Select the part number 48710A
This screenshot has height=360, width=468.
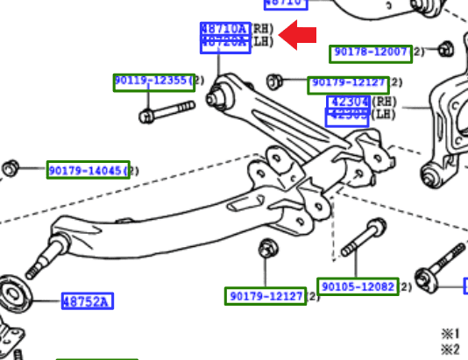pos(225,29)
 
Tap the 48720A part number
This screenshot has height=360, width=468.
pos(225,42)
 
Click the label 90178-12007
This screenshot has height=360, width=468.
pos(371,53)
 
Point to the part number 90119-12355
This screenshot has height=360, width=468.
pos(151,81)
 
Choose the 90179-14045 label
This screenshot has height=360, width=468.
pos(88,169)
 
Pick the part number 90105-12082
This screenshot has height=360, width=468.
pos(358,286)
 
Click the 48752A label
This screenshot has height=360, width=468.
pos(88,302)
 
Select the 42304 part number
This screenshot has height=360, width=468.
pos(347,102)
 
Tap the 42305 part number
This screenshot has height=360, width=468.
pos(347,115)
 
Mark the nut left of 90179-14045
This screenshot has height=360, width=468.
pos(11,166)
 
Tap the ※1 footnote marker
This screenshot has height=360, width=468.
pos(450,334)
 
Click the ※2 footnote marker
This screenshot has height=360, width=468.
pos(450,349)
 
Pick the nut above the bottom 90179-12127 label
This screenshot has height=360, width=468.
pos(266,251)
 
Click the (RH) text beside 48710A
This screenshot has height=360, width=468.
pos(263,29)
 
